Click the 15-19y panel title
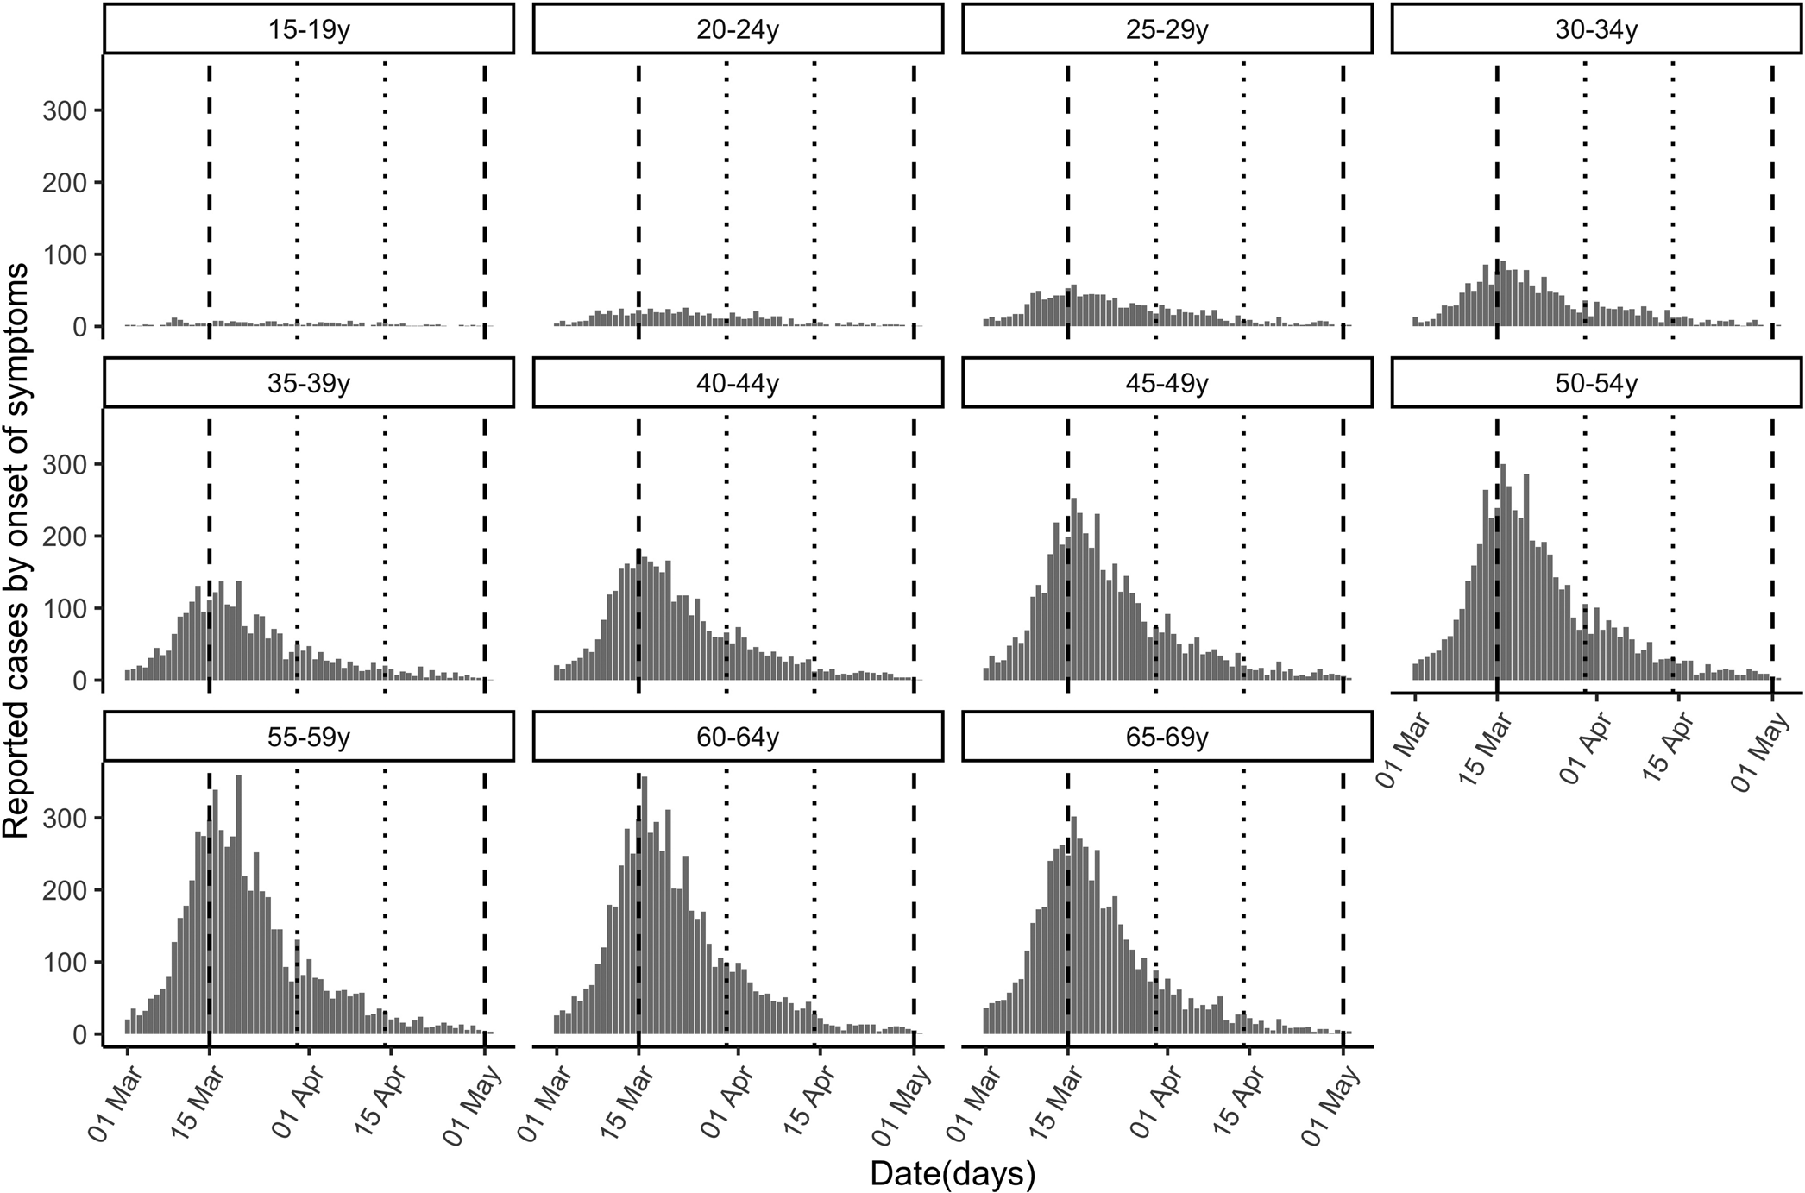(308, 29)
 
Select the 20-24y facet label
(738, 29)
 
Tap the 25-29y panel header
(1167, 29)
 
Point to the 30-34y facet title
(1596, 29)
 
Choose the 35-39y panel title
(308, 383)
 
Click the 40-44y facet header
(738, 383)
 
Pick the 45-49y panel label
(1167, 383)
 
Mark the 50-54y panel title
(1596, 383)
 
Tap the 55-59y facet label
(308, 738)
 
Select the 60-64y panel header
(738, 738)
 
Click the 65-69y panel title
(1167, 738)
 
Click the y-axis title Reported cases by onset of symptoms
(17, 552)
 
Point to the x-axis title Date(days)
(952, 1173)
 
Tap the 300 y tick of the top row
(66, 110)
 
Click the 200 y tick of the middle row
(66, 537)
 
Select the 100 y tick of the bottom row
(66, 962)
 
